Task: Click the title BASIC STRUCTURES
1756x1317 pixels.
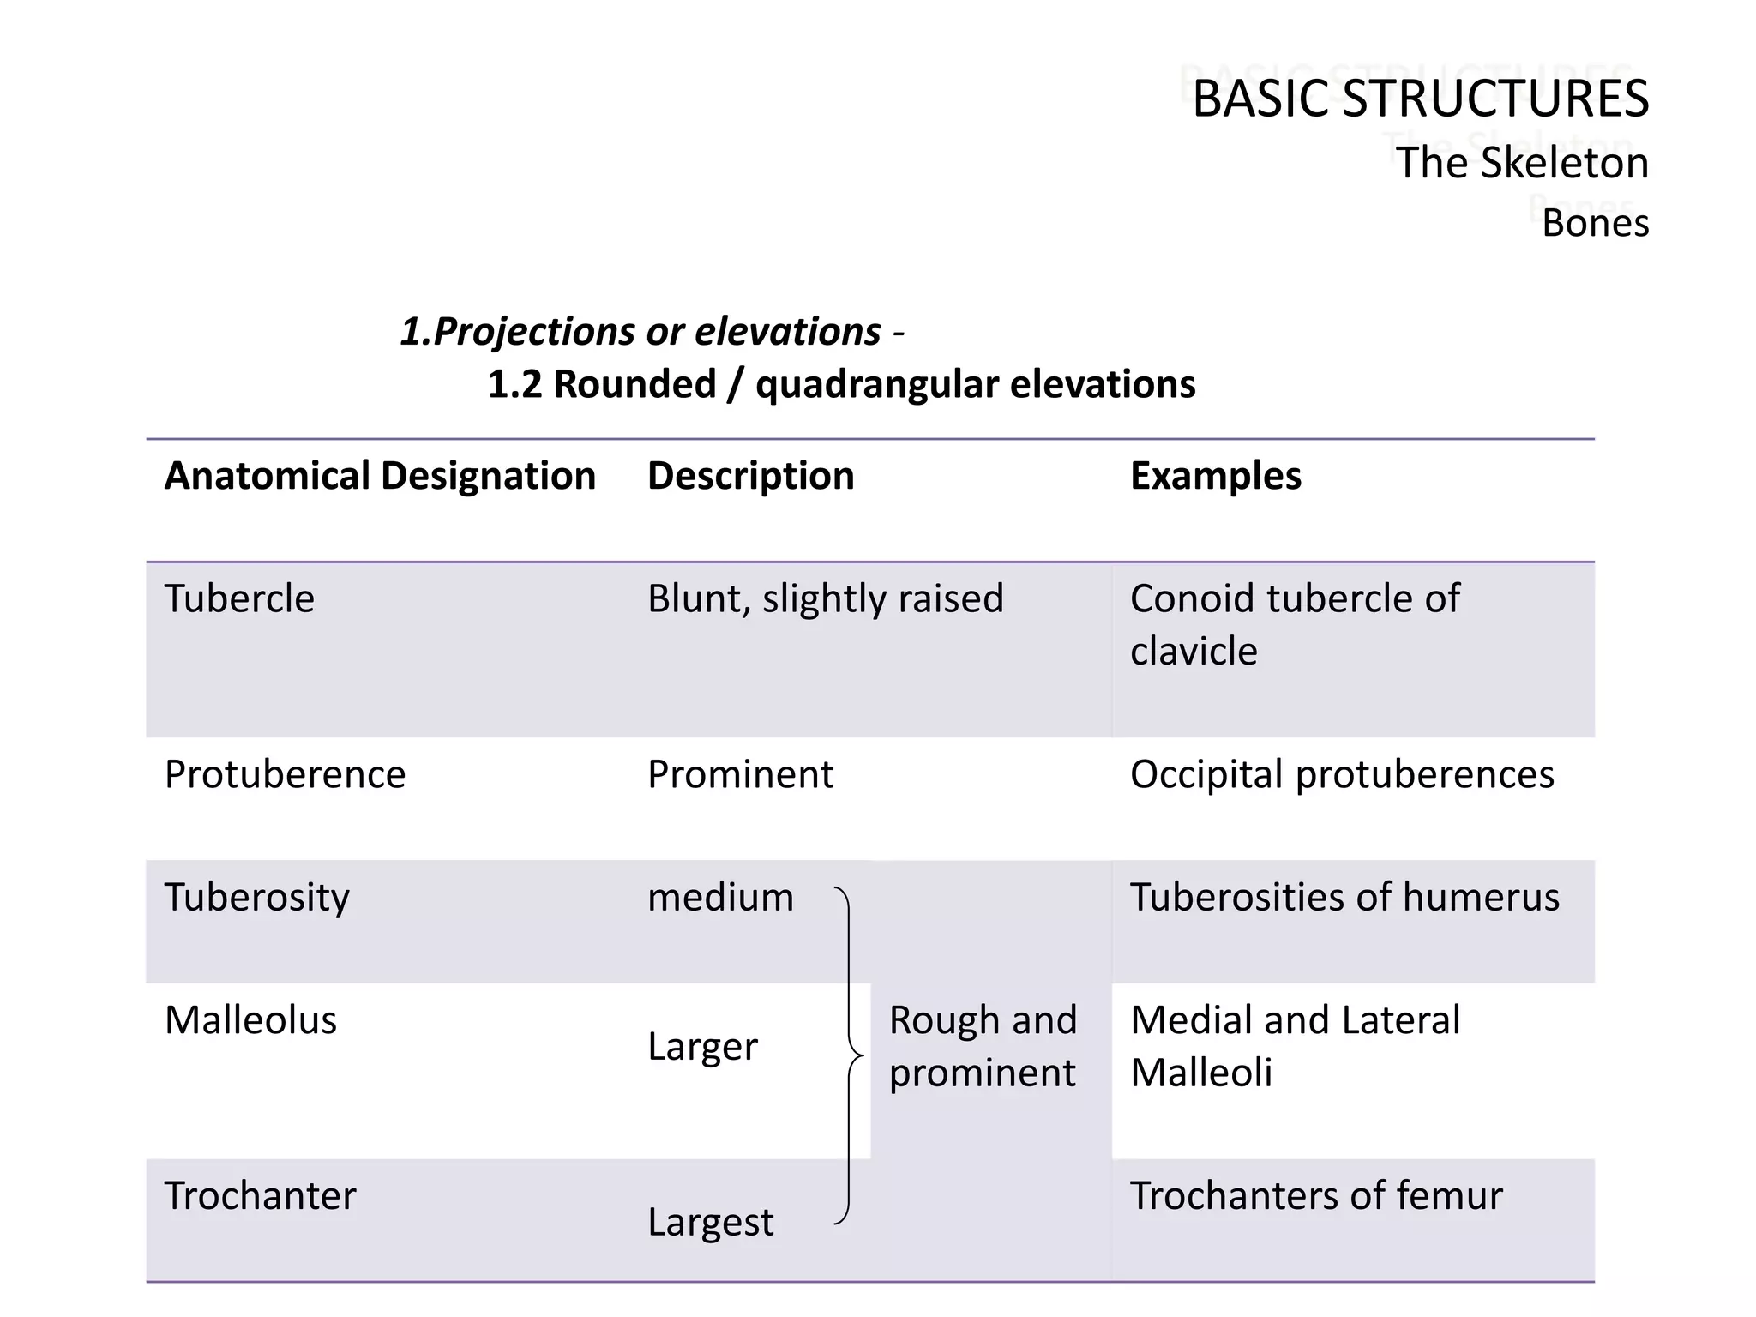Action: (x=1420, y=98)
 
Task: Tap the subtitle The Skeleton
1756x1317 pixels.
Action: (x=1521, y=163)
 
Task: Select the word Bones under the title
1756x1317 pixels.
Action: (x=1595, y=223)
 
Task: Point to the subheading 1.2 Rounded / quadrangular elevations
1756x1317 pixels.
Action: (x=841, y=384)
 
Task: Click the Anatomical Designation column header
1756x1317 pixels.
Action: (x=380, y=476)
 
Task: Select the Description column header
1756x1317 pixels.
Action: (x=750, y=476)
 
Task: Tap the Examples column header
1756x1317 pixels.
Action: (x=1215, y=476)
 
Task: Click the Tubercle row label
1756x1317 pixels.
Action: (x=239, y=598)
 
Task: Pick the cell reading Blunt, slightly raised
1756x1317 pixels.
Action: (x=825, y=598)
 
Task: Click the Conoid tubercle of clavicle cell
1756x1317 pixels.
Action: (x=1295, y=624)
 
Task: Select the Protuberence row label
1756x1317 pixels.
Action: (x=285, y=774)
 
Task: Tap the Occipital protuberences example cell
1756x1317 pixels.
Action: (x=1341, y=774)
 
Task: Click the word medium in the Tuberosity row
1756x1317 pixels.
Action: (x=720, y=898)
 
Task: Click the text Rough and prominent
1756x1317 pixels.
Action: (x=983, y=1046)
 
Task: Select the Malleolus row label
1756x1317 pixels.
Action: (x=250, y=1020)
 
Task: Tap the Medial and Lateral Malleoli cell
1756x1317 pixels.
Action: (x=1295, y=1046)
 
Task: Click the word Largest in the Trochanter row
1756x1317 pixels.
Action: (x=710, y=1222)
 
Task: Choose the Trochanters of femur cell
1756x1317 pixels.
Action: (x=1316, y=1196)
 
